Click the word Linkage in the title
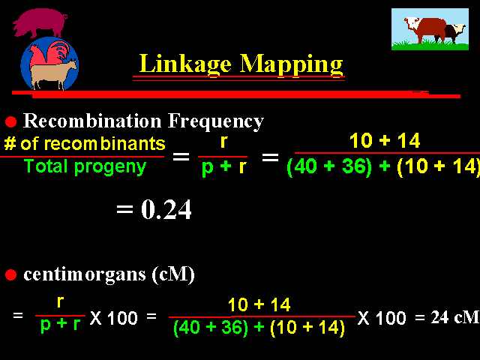[185, 64]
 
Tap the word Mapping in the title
[291, 64]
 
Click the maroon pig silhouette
[40, 22]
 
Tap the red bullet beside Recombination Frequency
[10, 121]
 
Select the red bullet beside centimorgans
[10, 274]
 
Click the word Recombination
[92, 121]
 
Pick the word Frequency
[216, 121]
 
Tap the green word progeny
[110, 168]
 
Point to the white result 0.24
[166, 209]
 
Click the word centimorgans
[85, 274]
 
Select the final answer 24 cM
[454, 317]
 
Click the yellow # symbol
[10, 143]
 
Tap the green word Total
[45, 166]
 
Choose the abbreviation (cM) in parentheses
[173, 274]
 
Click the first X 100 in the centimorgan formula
[113, 318]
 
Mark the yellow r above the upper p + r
[223, 142]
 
